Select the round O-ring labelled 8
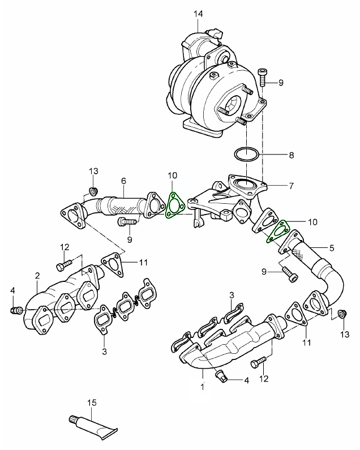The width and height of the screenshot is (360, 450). coord(247,153)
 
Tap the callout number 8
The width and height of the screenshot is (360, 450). coord(292,154)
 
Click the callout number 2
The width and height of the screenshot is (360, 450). coord(37,276)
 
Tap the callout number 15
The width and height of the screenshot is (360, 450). coord(92,402)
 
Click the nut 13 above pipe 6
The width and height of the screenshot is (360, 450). coord(95,189)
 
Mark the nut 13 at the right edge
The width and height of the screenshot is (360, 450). coord(341,314)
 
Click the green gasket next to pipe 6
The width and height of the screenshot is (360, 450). coord(172,205)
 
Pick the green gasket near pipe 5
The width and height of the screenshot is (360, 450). coord(277,232)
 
